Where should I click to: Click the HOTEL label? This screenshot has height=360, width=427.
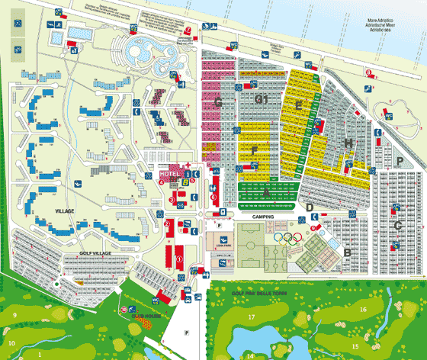167,174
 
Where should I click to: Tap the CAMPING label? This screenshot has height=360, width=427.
262,217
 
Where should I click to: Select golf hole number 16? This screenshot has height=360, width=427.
364,309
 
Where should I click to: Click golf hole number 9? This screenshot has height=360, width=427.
14,315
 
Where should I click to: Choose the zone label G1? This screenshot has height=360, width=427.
262,99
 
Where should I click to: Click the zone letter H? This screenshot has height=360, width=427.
348,143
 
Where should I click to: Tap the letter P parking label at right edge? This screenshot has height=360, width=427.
399,161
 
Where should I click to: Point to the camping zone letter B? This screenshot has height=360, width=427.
347,252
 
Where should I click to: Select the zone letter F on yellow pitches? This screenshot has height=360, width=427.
254,151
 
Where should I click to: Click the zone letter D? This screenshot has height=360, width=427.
310,207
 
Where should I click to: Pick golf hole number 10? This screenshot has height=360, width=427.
11,342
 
